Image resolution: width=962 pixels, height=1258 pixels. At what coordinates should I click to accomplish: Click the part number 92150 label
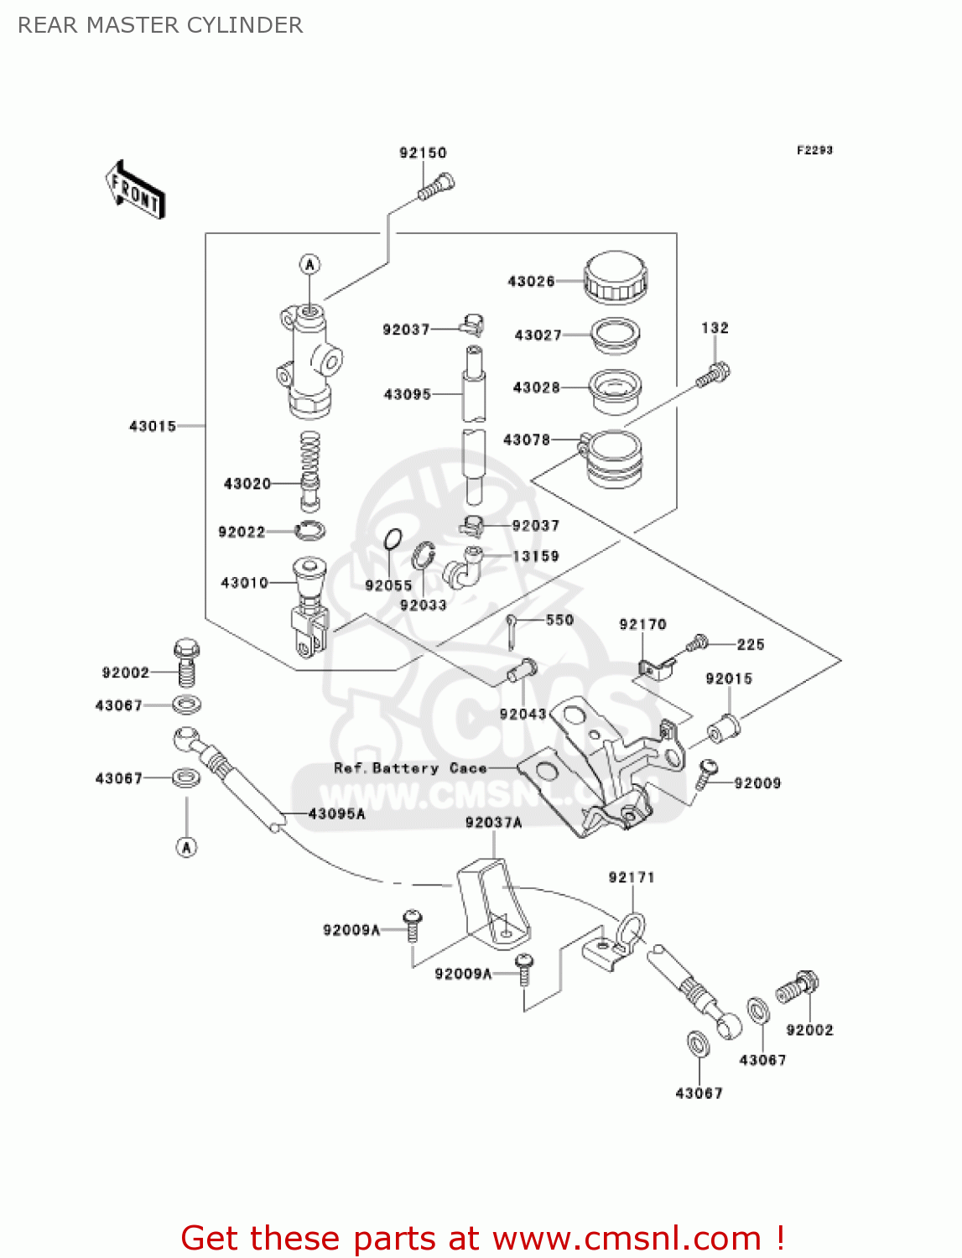click(x=423, y=153)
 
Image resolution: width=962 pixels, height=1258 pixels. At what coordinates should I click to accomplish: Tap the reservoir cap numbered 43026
click(x=616, y=277)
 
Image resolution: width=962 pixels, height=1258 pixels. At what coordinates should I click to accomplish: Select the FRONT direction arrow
click(x=135, y=190)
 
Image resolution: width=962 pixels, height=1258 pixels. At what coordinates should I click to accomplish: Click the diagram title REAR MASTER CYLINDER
click(x=160, y=25)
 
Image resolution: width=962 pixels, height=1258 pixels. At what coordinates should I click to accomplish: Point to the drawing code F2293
click(x=814, y=150)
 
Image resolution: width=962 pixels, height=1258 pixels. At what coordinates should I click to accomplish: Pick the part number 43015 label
click(x=153, y=426)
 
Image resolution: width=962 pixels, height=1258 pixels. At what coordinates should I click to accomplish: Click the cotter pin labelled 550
click(x=512, y=631)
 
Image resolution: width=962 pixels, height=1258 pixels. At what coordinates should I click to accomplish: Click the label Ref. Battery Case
click(x=410, y=768)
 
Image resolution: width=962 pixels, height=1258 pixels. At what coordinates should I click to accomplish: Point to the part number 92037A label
click(x=493, y=823)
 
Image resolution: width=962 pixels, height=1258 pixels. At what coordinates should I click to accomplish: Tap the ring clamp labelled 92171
click(x=631, y=929)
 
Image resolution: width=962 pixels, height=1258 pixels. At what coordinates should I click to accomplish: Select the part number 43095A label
click(x=336, y=814)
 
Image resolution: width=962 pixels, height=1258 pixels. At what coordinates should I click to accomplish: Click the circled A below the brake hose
click(x=186, y=847)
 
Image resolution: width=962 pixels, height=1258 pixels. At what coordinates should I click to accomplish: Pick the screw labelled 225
click(x=697, y=643)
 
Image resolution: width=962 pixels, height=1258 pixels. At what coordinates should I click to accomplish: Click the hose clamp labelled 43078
click(x=614, y=457)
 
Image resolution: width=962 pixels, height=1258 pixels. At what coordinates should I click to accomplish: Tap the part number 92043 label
click(x=523, y=714)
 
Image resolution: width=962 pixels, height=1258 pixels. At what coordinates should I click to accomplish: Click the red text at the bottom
click(x=482, y=1238)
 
